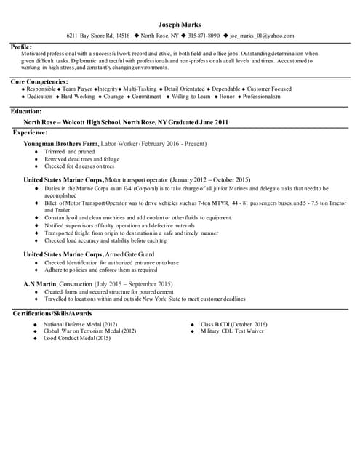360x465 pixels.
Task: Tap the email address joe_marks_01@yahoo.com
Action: click(x=262, y=36)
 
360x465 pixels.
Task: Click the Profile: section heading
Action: click(x=21, y=46)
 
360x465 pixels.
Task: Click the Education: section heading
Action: click(x=25, y=111)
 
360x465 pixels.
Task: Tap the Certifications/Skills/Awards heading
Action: click(x=52, y=313)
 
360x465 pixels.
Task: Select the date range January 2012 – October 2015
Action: click(x=212, y=179)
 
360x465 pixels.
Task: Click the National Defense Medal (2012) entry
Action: click(x=80, y=324)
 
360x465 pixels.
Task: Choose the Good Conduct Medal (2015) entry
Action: click(x=77, y=338)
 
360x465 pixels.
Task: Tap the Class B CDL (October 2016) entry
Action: click(x=233, y=324)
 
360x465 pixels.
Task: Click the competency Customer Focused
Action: click(x=269, y=89)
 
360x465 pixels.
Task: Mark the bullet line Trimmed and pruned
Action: click(x=65, y=151)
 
